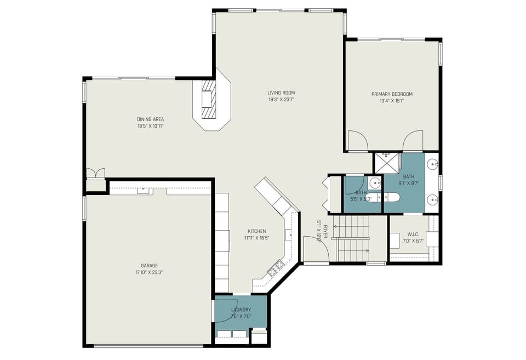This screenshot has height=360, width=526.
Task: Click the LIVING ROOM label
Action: pos(281,93)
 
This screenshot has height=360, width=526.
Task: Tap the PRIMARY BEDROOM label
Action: pos(392,94)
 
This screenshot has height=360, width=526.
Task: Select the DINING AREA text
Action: pos(150,119)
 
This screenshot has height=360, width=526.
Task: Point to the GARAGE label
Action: pos(149,266)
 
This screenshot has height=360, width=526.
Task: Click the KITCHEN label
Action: pos(257,231)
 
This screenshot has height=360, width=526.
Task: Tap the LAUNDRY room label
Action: pos(241,310)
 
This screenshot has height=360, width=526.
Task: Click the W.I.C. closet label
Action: pos(413,234)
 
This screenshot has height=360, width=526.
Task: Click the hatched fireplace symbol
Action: pos(209,99)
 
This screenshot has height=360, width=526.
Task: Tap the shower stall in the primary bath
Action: pos(387,163)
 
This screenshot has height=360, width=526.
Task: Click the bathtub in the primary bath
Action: pos(382,197)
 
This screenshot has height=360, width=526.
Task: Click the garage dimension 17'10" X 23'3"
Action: pos(149,272)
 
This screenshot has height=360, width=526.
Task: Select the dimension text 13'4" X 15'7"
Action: pos(392,101)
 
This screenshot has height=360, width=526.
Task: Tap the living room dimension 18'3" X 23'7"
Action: pos(281,99)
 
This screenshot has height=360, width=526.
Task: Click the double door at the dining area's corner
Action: pos(95,173)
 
